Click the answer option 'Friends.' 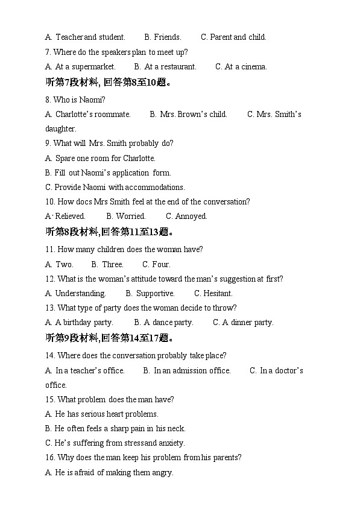coord(163,37)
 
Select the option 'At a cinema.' coord(241,67)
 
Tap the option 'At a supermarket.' coord(81,67)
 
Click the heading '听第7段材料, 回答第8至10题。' coord(109,83)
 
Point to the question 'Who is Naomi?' coord(75,100)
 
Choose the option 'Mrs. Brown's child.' coord(189,114)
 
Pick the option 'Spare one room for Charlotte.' coord(101,159)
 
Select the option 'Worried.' coord(126,217)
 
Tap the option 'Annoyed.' coord(186,217)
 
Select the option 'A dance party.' coord(164,323)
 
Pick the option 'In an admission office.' coord(187,371)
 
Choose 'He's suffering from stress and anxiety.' coord(115,443)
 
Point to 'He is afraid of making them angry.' coord(109,473)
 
